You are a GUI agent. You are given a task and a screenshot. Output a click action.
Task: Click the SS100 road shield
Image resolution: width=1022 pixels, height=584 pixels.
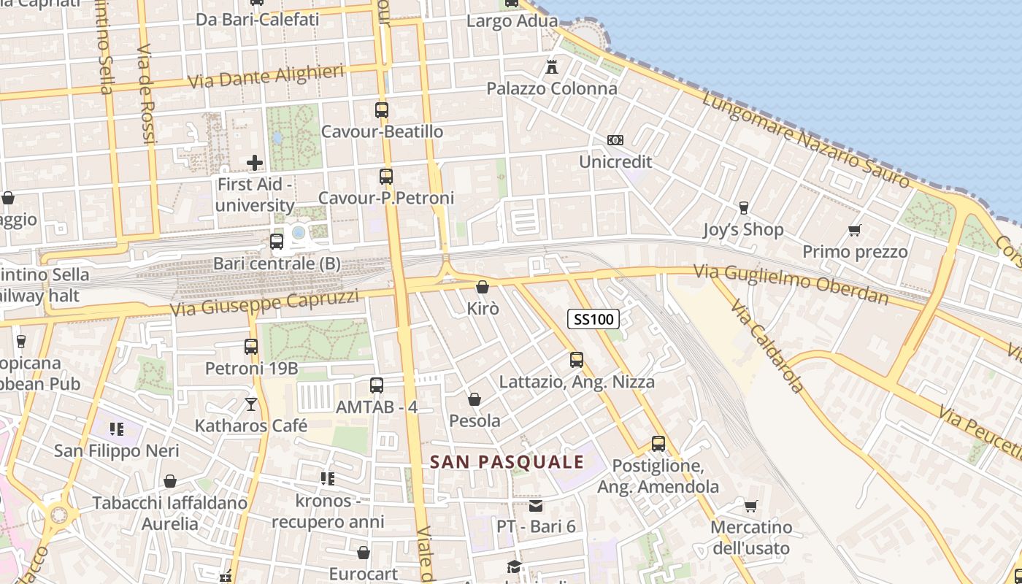[593, 319]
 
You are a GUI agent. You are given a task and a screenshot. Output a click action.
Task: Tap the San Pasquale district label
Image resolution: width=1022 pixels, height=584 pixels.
[507, 462]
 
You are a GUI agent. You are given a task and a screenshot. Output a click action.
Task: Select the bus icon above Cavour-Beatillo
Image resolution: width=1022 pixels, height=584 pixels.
[382, 110]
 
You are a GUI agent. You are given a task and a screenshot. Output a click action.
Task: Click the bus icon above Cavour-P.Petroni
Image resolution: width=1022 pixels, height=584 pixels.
[386, 176]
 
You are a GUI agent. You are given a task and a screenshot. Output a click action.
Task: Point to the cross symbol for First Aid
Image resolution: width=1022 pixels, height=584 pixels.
[255, 162]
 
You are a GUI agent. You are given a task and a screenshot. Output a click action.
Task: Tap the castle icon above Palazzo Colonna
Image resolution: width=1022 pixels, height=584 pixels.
[552, 67]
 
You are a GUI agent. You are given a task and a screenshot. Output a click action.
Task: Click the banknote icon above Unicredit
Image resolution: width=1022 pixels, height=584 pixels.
[615, 140]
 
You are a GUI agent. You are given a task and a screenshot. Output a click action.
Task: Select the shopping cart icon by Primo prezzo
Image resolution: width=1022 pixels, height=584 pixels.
[855, 231]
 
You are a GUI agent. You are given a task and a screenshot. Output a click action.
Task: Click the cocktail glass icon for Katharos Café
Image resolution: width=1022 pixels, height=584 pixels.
[251, 404]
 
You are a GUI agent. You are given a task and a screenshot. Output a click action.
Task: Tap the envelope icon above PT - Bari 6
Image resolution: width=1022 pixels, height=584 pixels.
[537, 505]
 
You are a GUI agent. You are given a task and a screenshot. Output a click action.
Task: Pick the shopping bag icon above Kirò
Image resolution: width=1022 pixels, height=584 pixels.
[483, 288]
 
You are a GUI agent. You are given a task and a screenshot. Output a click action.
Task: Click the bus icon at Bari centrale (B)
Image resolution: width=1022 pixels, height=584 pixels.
[277, 242]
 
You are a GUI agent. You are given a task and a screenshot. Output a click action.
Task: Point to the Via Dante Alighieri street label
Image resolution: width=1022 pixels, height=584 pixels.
[266, 77]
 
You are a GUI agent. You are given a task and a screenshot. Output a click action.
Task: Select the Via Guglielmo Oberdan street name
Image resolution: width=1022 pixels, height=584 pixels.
[791, 284]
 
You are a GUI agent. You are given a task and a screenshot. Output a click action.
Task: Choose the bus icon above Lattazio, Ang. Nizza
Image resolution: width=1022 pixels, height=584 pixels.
[577, 360]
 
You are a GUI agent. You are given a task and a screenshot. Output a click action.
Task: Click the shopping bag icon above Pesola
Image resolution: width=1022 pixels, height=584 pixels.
[474, 399]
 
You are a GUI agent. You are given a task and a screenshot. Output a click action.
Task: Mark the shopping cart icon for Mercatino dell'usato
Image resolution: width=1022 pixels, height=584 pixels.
[750, 506]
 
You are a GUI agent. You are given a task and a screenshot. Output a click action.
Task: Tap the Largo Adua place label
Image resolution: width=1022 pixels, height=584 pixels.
[512, 21]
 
